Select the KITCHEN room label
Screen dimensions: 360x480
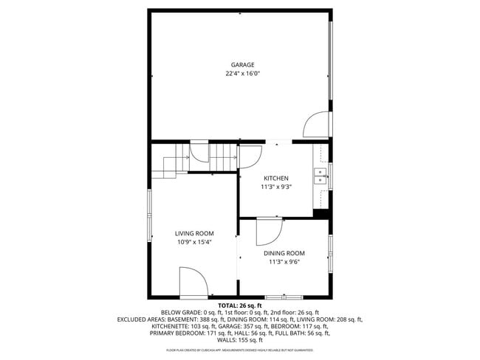tap(275, 178)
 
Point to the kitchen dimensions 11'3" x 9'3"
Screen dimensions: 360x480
tap(275, 187)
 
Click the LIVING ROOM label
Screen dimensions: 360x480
tap(194, 233)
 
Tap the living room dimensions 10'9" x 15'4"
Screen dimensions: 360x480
tap(194, 242)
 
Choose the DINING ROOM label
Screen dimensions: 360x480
tap(284, 252)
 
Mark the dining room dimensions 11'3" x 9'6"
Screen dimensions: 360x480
tap(284, 261)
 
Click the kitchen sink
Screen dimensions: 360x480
tap(320, 176)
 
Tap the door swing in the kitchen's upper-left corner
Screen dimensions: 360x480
tap(249, 156)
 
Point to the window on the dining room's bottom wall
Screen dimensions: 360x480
tap(284, 297)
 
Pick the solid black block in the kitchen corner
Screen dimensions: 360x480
tap(320, 213)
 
